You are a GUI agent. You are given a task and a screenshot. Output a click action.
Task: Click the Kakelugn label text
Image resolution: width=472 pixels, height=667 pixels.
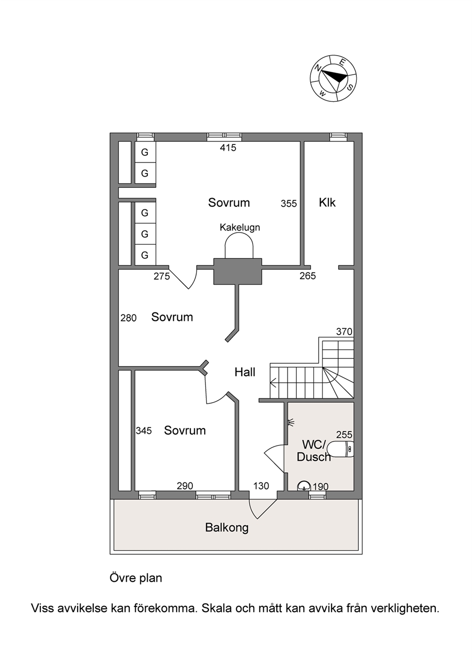(240, 228)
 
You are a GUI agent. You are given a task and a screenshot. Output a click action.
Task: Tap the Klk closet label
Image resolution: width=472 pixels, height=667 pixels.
(327, 203)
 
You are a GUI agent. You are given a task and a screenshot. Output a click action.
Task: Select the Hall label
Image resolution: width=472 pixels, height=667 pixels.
(245, 372)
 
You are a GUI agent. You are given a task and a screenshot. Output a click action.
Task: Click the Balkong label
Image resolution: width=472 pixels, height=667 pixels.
(227, 528)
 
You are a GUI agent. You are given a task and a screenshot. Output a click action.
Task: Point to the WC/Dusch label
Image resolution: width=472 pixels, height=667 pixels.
(314, 451)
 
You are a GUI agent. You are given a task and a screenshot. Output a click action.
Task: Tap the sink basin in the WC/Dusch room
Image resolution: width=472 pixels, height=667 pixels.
(304, 486)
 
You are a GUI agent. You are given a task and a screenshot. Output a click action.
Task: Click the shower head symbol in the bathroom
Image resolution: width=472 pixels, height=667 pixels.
(290, 422)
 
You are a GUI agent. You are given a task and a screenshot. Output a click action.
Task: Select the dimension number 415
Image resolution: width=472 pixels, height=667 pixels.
(228, 148)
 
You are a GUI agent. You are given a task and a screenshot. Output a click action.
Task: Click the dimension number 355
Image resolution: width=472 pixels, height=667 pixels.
(289, 203)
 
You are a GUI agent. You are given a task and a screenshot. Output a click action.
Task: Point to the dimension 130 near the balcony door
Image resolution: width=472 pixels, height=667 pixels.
(261, 486)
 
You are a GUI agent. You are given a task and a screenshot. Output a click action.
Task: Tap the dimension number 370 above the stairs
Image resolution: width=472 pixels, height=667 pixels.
(344, 331)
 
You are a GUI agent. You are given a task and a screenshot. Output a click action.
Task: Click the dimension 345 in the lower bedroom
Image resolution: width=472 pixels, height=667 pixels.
(144, 431)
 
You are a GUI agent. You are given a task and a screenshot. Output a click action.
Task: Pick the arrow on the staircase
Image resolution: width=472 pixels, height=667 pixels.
(274, 382)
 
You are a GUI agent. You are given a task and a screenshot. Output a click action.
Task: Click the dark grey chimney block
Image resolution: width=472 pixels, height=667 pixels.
(238, 271)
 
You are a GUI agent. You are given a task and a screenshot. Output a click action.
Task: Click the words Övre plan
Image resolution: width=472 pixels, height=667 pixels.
(136, 579)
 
